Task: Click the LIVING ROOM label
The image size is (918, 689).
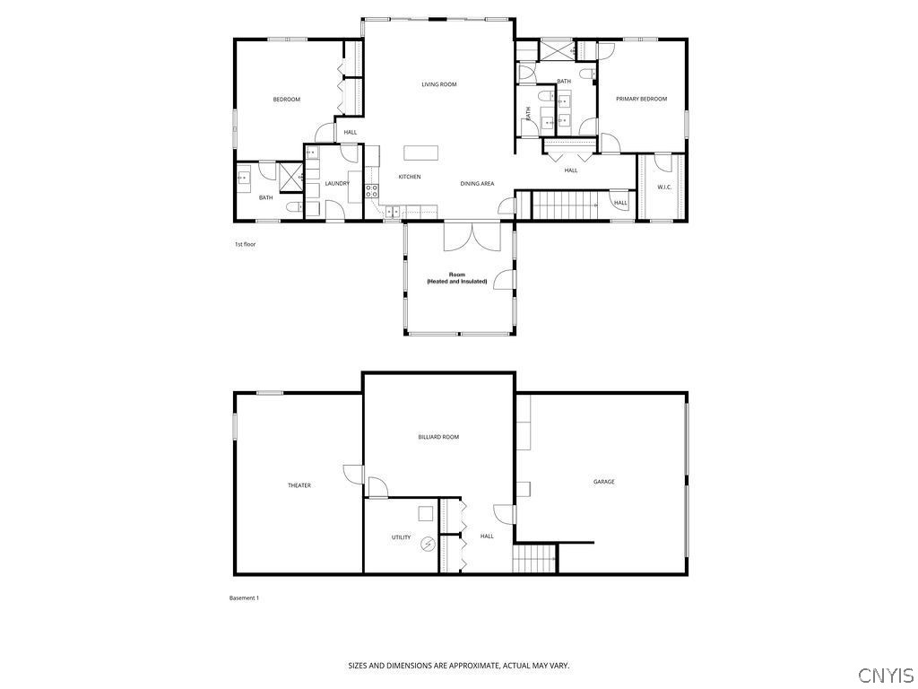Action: click(439, 84)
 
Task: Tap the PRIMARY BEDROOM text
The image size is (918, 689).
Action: click(641, 99)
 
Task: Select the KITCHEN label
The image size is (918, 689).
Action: click(410, 177)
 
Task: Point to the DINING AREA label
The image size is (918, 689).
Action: click(477, 184)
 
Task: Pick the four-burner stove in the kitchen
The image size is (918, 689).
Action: click(372, 188)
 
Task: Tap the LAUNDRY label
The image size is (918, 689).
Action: click(337, 184)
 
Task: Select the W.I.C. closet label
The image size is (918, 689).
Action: click(664, 188)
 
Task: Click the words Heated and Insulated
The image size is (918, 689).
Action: click(457, 282)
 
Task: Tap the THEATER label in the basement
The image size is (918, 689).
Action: click(299, 485)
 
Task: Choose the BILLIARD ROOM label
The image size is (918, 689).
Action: click(438, 437)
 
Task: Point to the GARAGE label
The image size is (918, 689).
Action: click(603, 482)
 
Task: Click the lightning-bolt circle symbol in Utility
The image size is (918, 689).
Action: click(429, 543)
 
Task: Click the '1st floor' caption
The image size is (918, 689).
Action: click(244, 244)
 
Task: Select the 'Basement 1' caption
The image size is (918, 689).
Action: click(244, 598)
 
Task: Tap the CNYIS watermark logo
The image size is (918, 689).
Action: click(885, 675)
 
